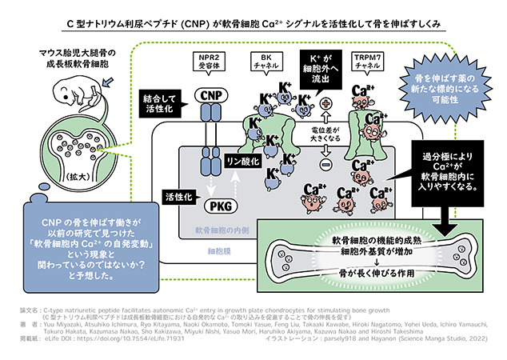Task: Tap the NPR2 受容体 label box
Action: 210,61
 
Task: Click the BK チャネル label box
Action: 264,61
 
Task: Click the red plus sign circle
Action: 325,103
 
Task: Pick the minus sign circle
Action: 325,164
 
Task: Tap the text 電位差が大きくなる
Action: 325,134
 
